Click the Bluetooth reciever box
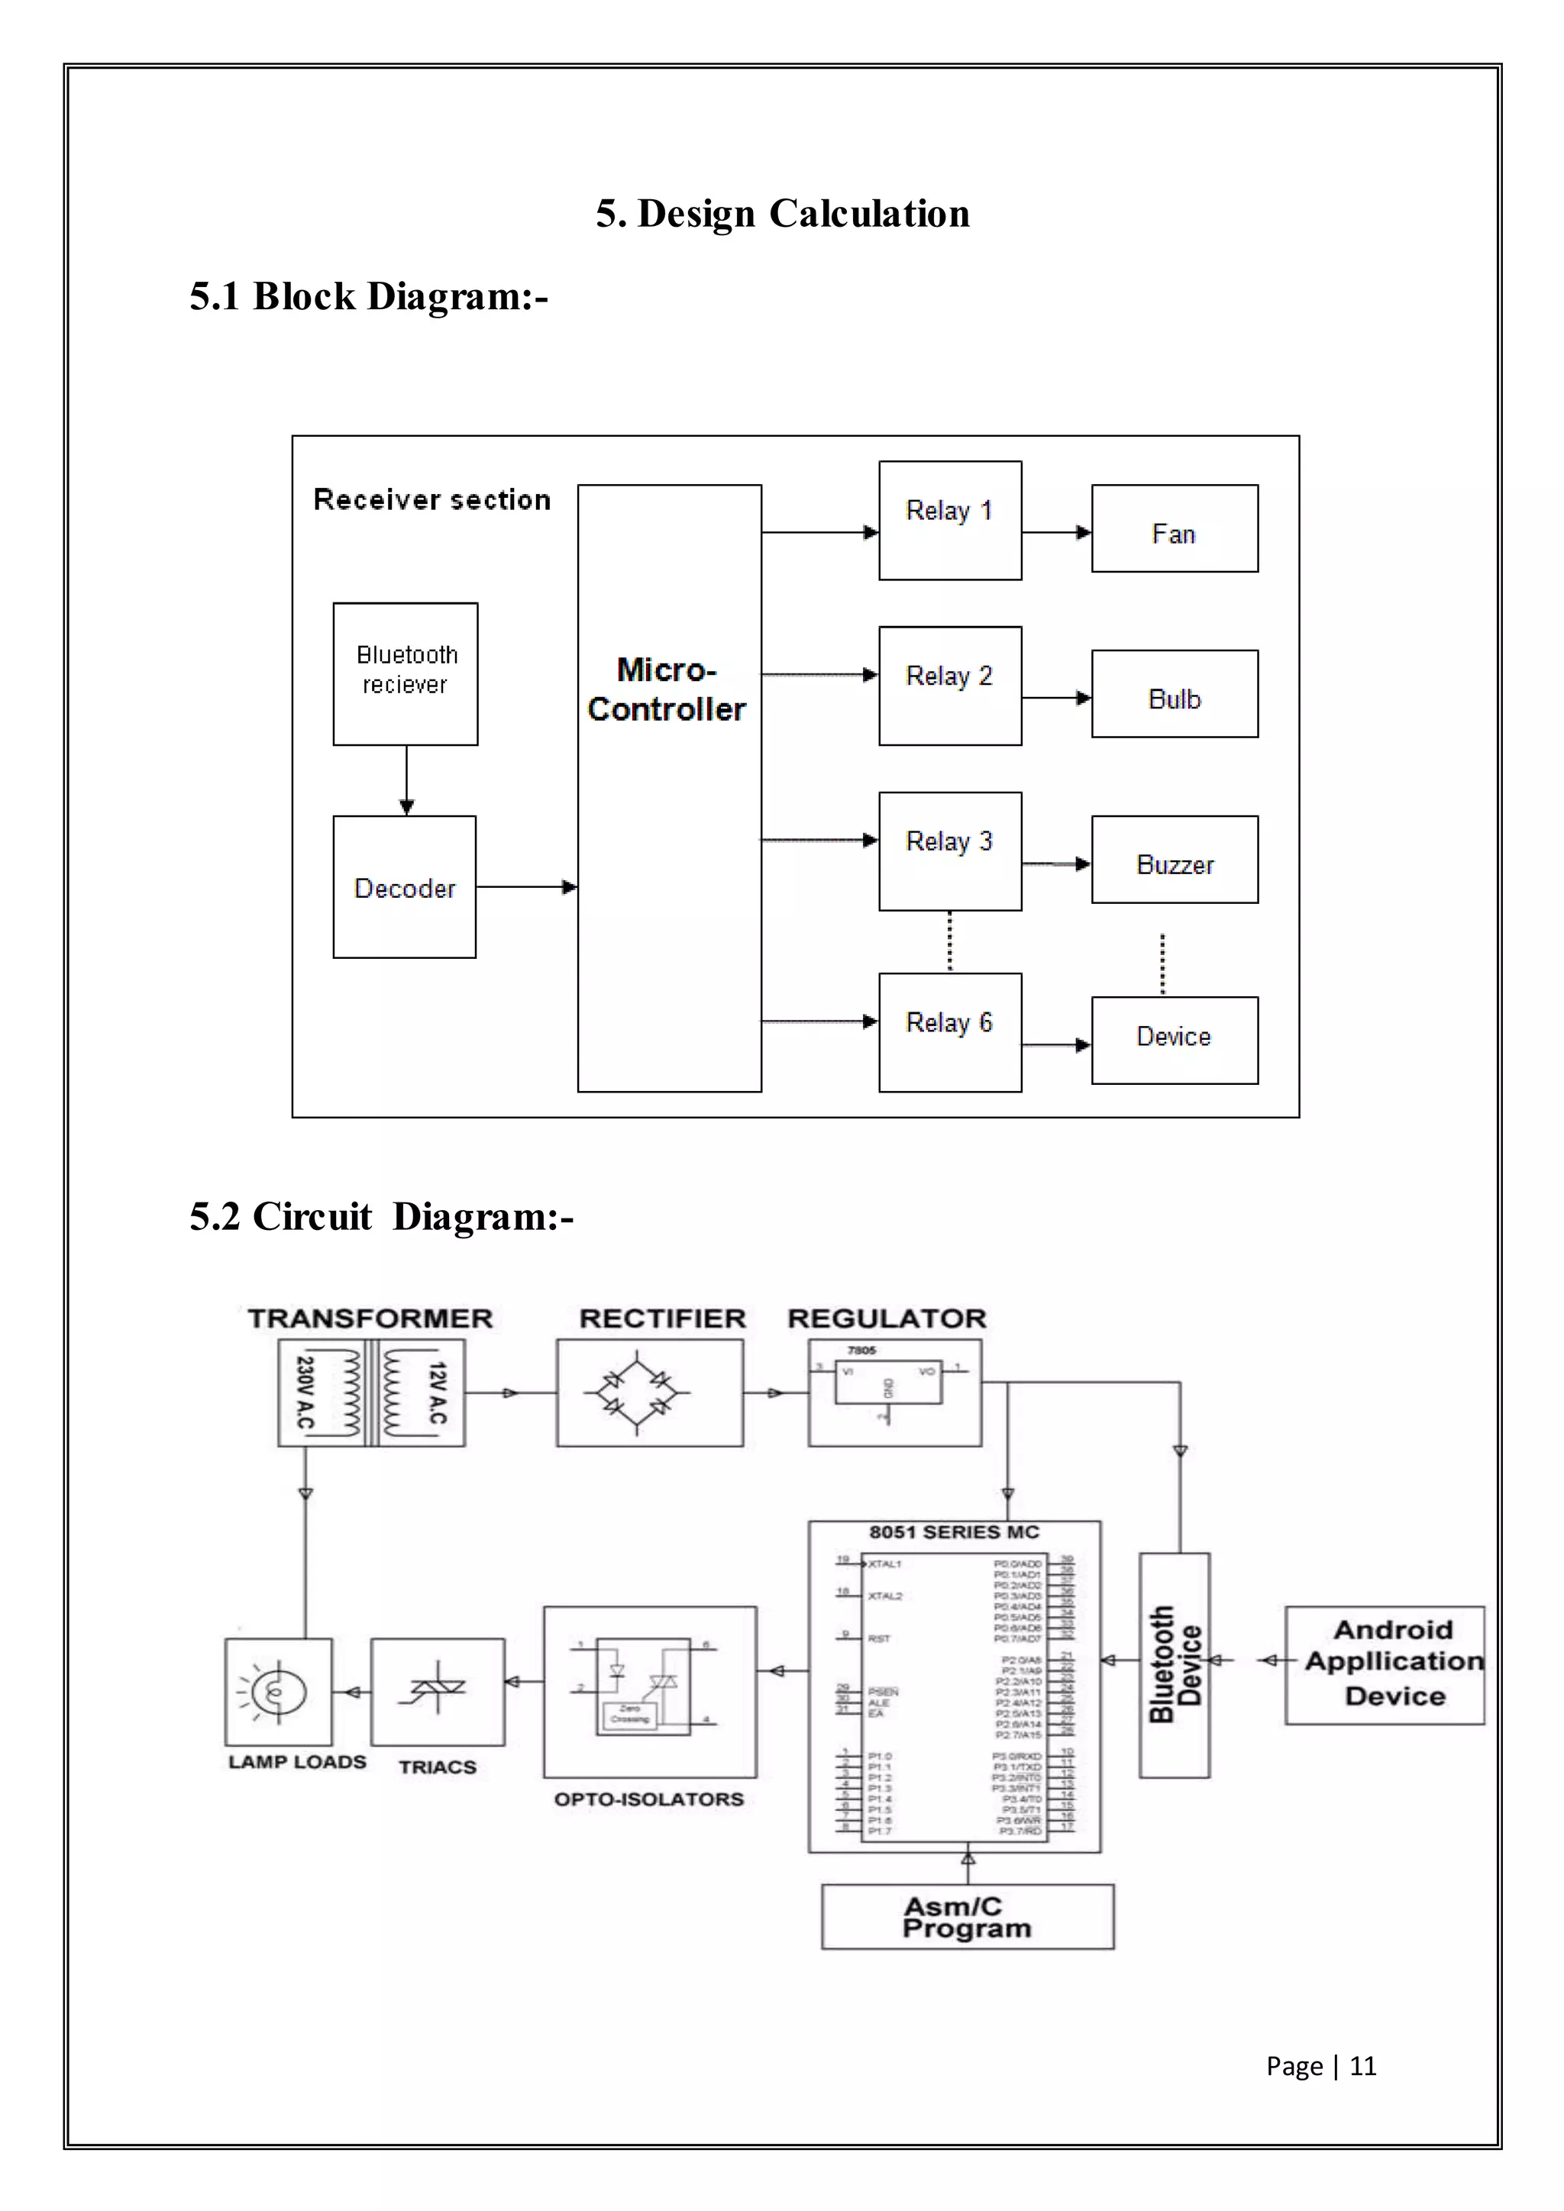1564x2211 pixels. [x=406, y=674]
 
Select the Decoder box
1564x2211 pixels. [x=405, y=887]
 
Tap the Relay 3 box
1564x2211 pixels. [x=949, y=851]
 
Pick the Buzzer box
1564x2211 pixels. [x=1174, y=860]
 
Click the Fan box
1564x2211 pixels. [x=1174, y=528]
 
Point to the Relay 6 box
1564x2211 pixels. [x=949, y=1032]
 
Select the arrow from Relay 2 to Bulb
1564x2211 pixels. [x=1056, y=698]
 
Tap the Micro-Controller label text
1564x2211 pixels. [x=667, y=689]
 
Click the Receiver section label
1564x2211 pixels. [x=432, y=500]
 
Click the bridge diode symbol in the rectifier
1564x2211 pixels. [x=637, y=1393]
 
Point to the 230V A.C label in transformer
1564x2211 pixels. [x=305, y=1393]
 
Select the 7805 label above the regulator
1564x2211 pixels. [x=861, y=1350]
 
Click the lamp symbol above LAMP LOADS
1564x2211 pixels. [x=278, y=1691]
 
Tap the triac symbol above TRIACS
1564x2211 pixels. [x=438, y=1687]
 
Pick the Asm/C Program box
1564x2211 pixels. [x=967, y=1917]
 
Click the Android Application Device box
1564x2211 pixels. [x=1384, y=1665]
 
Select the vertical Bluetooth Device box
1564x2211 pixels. [x=1174, y=1665]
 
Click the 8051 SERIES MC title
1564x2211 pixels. [x=953, y=1532]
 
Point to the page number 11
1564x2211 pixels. [x=1362, y=2066]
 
